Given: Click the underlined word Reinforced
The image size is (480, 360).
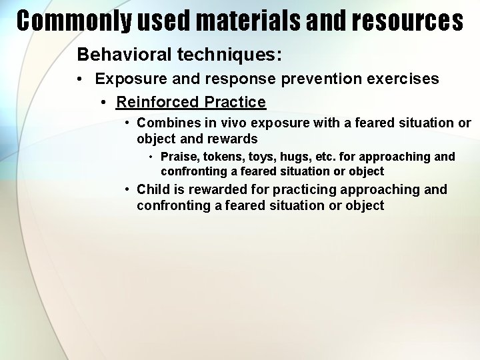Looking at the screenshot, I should coord(157,102).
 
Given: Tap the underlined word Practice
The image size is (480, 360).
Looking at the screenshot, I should coord(235,102).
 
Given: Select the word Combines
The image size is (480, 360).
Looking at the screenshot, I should coord(164,123).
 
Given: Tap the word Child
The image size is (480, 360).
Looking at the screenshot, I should coord(153,189).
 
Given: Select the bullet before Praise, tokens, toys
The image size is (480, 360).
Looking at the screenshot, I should coord(151,157).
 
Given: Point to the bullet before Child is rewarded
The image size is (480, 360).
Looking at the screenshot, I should coord(127,189).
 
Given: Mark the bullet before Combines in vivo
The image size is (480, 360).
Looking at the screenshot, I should coord(127,123).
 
